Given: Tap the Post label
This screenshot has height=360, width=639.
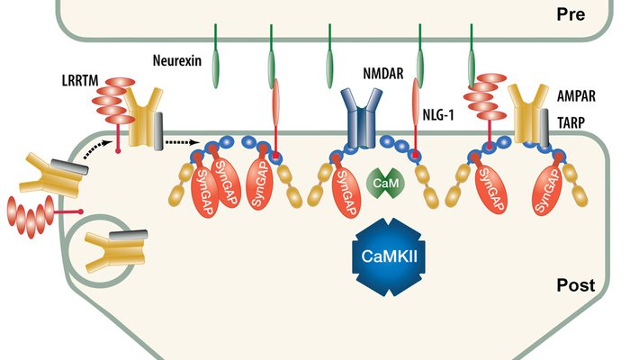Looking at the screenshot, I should click(576, 285).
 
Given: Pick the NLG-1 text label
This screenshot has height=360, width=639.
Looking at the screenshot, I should click(441, 114).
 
